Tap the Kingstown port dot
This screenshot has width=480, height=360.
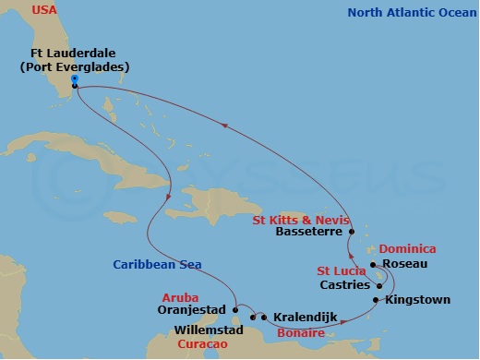point(376,300)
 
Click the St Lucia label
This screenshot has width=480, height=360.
point(341,270)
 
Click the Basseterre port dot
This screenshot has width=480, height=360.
point(350,234)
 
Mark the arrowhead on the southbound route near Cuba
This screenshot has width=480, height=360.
point(167,198)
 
